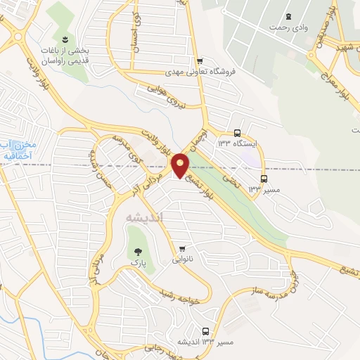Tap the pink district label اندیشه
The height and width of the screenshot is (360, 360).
[x=143, y=217]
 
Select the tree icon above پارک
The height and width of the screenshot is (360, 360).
[x=134, y=251]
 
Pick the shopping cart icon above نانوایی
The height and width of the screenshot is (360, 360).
[x=182, y=248]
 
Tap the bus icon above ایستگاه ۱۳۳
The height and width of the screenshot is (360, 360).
[x=238, y=132]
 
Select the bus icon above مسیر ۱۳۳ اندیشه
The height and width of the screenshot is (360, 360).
[x=205, y=331]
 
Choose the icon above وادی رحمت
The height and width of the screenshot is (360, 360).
[x=288, y=15]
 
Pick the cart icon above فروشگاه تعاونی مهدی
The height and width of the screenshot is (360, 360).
[x=201, y=60]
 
